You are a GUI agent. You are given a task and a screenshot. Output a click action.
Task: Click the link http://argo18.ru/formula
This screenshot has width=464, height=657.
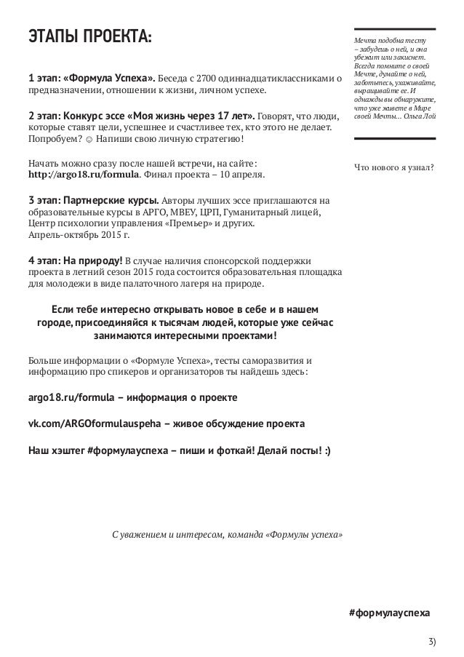point(82,175)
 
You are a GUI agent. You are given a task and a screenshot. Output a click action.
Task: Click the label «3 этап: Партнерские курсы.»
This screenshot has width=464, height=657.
point(92,200)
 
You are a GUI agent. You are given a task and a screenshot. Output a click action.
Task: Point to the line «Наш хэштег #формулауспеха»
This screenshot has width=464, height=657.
point(178,449)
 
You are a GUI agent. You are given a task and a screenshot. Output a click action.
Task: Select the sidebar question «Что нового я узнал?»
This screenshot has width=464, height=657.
point(393,169)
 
